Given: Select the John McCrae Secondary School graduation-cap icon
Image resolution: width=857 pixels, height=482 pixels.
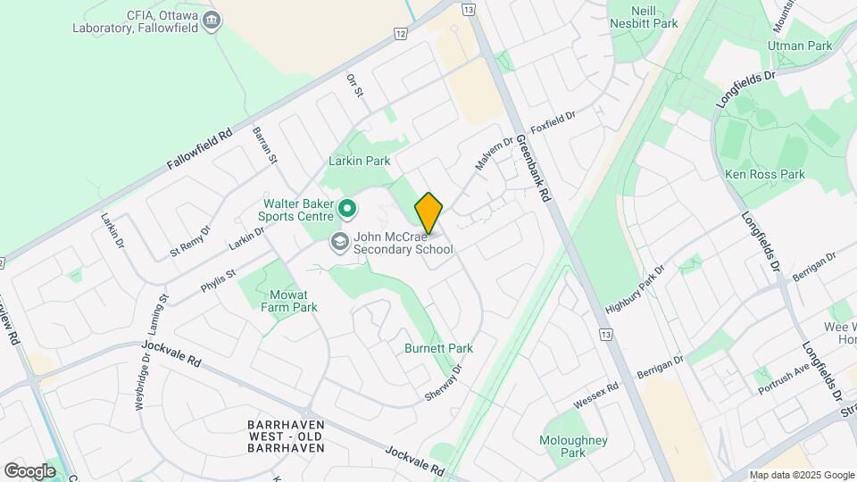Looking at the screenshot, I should (x=339, y=241).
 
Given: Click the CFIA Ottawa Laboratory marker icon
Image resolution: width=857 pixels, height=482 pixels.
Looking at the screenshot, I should (x=212, y=20).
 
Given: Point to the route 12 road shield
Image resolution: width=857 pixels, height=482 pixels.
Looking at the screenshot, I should (x=399, y=34).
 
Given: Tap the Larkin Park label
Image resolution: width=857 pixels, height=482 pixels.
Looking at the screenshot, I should (x=360, y=162).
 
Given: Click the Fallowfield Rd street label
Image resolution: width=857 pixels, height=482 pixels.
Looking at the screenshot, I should (x=199, y=150).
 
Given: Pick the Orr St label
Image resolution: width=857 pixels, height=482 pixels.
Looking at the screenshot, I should (x=355, y=86).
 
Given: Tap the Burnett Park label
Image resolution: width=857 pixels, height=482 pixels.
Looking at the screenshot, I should (x=438, y=348).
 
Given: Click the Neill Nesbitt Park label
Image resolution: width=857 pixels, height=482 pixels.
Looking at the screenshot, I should (x=643, y=16).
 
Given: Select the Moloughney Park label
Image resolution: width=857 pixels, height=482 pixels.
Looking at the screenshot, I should (x=573, y=446).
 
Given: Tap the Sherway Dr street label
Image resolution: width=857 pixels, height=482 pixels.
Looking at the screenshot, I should (x=445, y=381).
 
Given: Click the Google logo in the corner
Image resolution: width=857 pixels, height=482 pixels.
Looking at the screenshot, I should (x=29, y=470).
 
